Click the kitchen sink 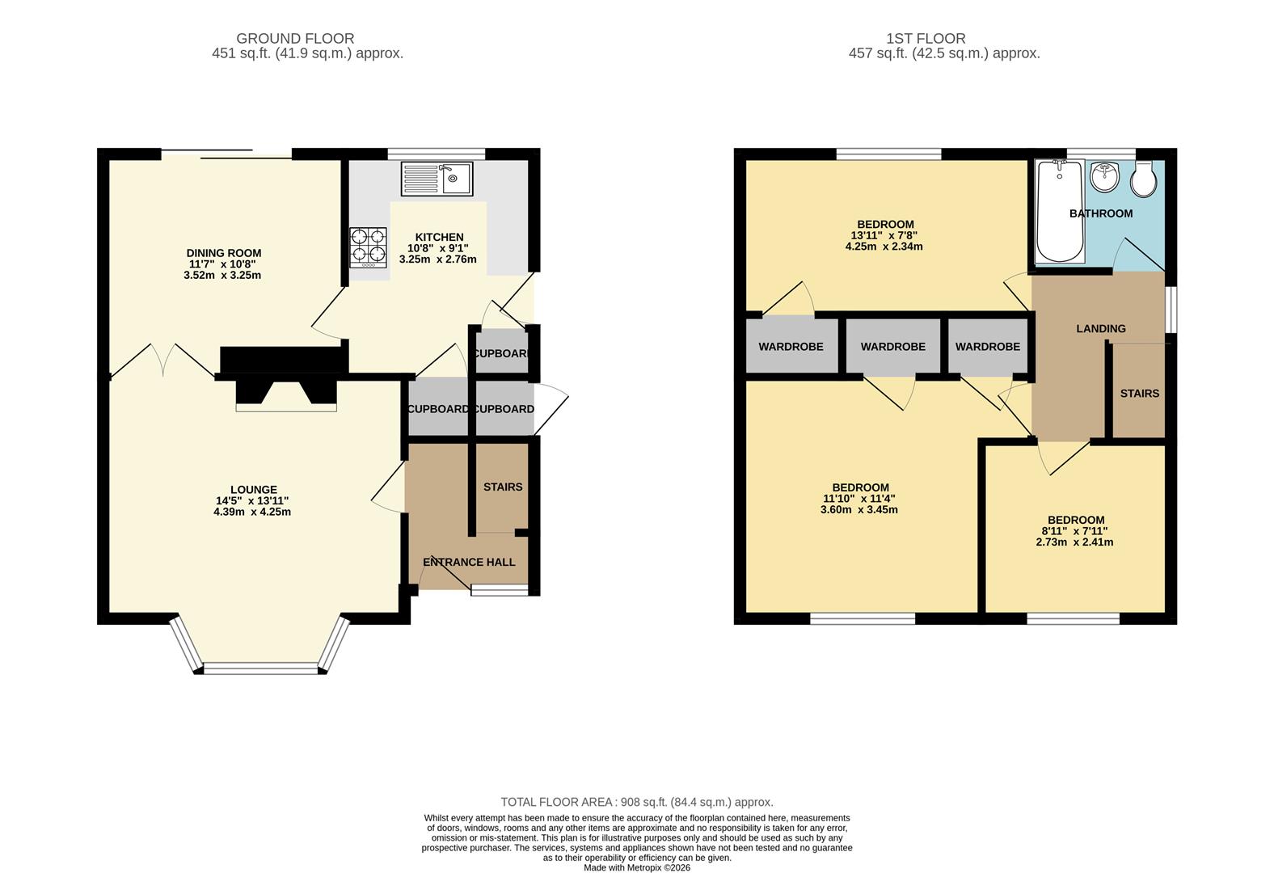point(437,179)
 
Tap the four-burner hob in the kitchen point(368,247)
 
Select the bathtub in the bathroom point(1060,212)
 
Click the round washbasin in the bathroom point(1104,176)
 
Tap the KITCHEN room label point(439,237)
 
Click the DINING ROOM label point(224,253)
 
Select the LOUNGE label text point(254,490)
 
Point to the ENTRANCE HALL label point(469,562)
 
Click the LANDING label point(1100,328)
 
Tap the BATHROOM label point(1100,213)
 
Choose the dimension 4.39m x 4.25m point(252,512)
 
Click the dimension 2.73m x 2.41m point(1074,542)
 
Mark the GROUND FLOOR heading point(295,38)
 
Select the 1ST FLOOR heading point(926,38)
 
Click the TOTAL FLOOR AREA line point(637,802)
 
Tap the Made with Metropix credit point(637,868)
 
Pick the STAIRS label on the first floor point(1139,394)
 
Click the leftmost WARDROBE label point(791,346)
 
